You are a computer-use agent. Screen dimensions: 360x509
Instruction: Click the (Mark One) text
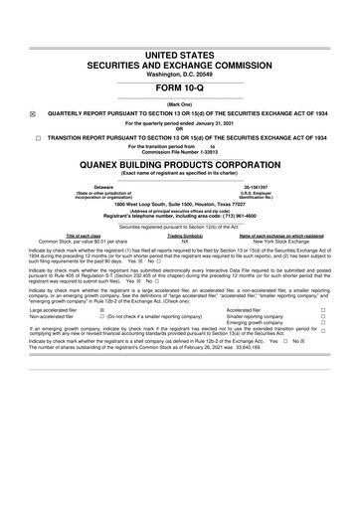tap(180, 103)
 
